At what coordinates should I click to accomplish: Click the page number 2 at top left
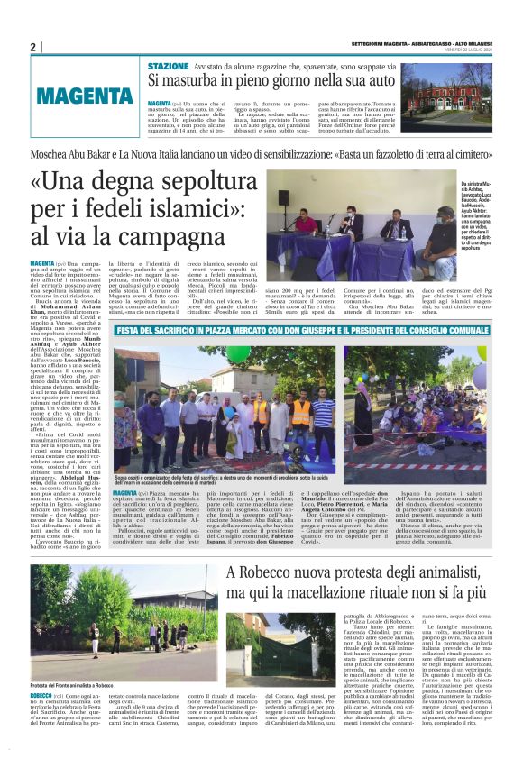pos(32,47)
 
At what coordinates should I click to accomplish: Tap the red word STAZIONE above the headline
pos(169,67)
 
